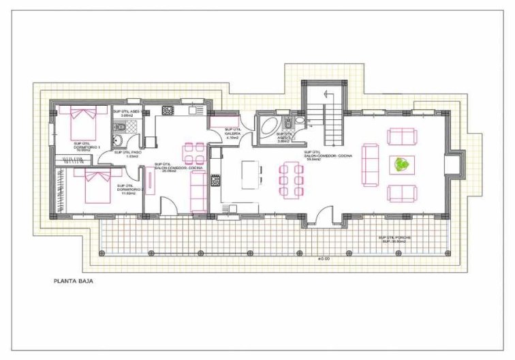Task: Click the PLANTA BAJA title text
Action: coord(73,280)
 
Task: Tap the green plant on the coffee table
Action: coord(401,164)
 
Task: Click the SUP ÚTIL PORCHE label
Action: coord(396,239)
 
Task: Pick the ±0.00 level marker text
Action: coord(324,260)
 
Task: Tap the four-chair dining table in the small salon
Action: coord(194,153)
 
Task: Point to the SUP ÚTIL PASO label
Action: coord(128,154)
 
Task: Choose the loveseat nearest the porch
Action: coord(400,194)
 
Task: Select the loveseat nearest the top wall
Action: coord(400,136)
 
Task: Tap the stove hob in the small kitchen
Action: coord(168,110)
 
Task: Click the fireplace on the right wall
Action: coord(450,165)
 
